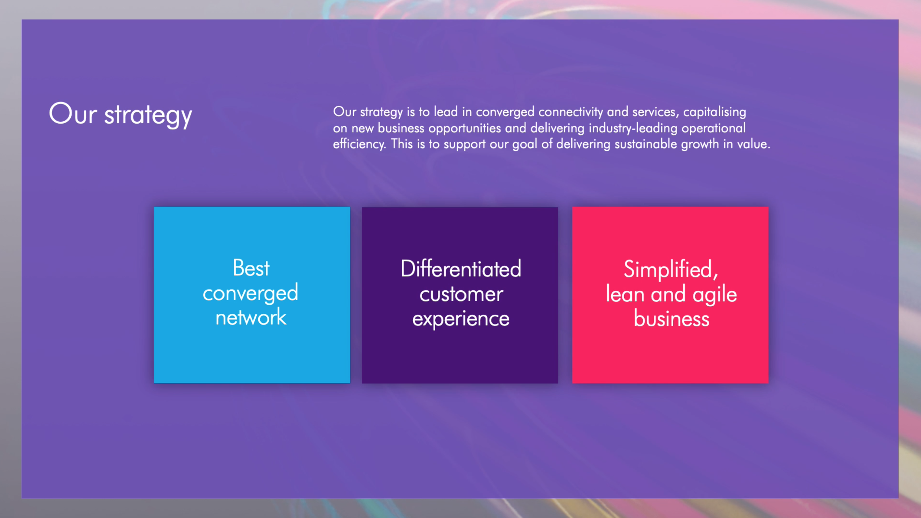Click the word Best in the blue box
[x=251, y=268]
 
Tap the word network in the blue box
[x=251, y=317]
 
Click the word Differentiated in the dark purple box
[x=461, y=269]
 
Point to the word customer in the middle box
[x=461, y=295]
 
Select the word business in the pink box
[x=671, y=319]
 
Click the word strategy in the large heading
[x=148, y=116]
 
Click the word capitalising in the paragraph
[x=715, y=112]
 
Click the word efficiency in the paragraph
[x=359, y=144]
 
